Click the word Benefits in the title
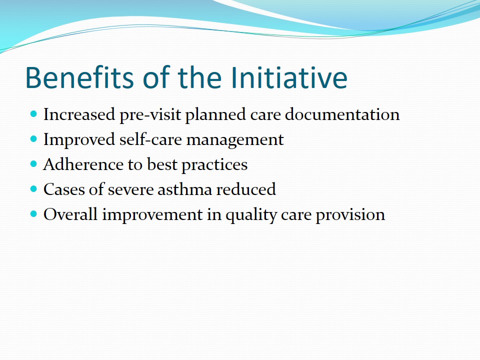point(79,77)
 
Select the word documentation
point(342,114)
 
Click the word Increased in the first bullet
point(79,114)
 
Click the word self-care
point(150,139)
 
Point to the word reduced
point(246,189)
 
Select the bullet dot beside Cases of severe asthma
point(33,189)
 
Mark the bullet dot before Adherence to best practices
point(33,164)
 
